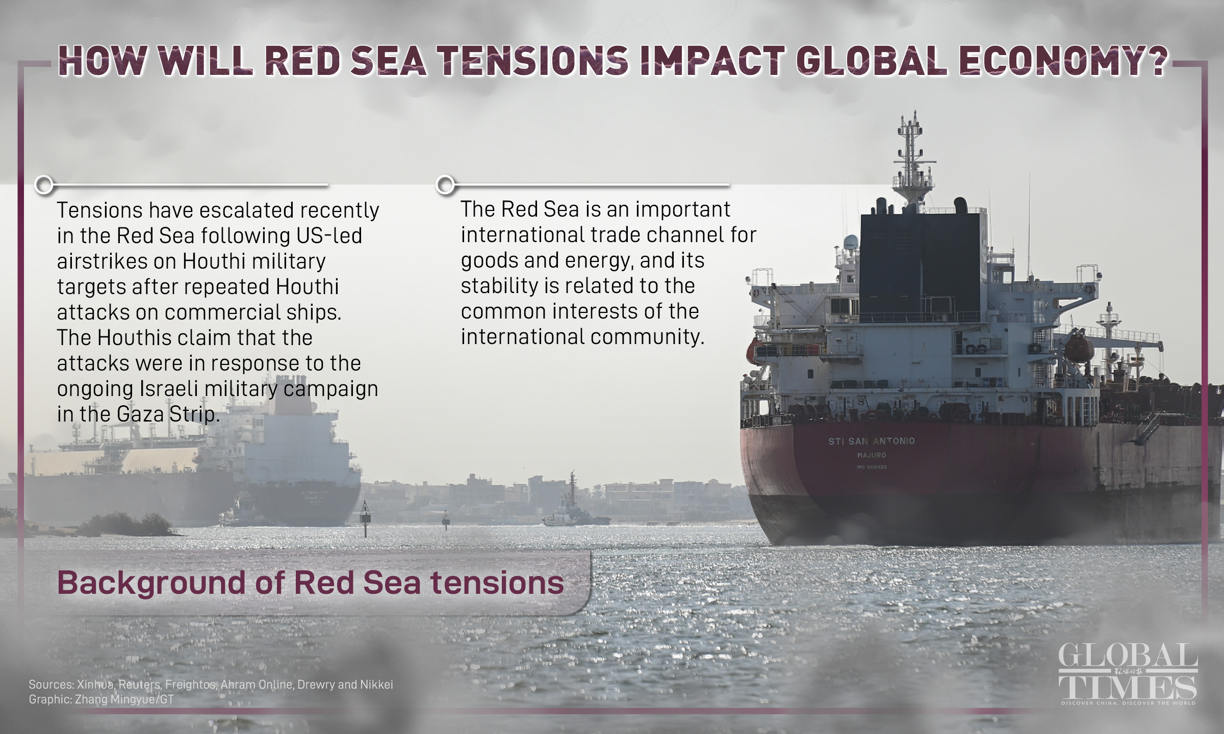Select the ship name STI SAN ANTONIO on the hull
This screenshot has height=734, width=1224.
[x=872, y=441]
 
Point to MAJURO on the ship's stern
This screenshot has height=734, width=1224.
[x=872, y=455]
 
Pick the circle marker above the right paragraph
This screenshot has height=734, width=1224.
[x=446, y=184]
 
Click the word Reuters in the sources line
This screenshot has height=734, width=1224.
[x=140, y=685]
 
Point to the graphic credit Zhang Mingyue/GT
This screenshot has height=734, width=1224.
[x=124, y=699]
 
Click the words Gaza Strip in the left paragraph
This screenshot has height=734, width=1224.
[x=168, y=414]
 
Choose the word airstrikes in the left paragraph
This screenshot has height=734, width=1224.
[x=101, y=261]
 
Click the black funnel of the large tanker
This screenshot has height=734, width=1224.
[x=919, y=265]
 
